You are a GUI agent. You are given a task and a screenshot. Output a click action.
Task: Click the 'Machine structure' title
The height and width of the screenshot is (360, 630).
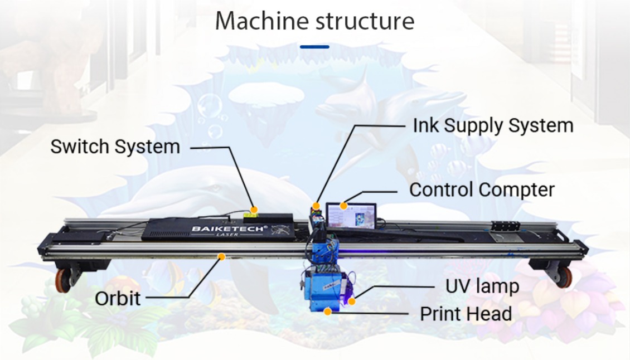click(314, 21)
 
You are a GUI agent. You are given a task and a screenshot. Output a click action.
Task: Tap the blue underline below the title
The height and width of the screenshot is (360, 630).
click(314, 47)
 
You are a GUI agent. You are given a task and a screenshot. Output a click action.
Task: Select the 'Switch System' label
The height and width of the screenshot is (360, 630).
click(115, 147)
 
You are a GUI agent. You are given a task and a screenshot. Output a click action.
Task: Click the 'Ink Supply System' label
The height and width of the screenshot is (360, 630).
click(493, 125)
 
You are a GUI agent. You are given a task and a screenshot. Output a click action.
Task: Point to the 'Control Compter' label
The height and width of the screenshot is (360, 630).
click(482, 189)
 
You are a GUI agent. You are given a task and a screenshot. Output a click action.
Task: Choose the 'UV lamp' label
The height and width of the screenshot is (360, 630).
click(482, 286)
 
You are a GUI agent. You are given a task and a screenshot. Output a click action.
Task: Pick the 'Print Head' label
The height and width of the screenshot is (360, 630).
click(466, 314)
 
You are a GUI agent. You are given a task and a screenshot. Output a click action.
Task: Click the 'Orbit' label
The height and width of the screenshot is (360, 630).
click(118, 298)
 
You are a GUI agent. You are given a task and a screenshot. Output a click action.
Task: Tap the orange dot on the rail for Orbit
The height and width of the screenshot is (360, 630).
click(221, 257)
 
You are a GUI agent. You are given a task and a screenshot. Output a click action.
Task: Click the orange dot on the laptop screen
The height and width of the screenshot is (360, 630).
click(344, 206)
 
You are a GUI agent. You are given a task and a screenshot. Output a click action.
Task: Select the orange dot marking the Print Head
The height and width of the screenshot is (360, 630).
click(328, 311)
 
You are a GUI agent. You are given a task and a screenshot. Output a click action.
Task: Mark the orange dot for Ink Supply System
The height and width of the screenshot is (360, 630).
click(316, 206)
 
